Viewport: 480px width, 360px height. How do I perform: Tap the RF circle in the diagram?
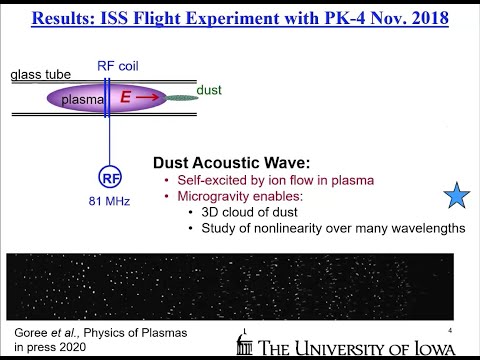(109, 179)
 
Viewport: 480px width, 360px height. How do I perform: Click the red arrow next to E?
(145, 98)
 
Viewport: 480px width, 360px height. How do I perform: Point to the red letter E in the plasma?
(126, 97)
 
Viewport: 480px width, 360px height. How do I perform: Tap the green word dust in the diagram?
(208, 90)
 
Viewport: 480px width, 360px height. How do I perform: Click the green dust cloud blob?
(181, 98)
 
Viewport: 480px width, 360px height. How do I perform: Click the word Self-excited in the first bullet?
(206, 180)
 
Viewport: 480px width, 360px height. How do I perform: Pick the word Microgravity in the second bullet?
(214, 196)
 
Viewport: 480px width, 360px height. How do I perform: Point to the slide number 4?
(452, 330)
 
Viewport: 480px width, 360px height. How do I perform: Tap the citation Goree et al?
(40, 331)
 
